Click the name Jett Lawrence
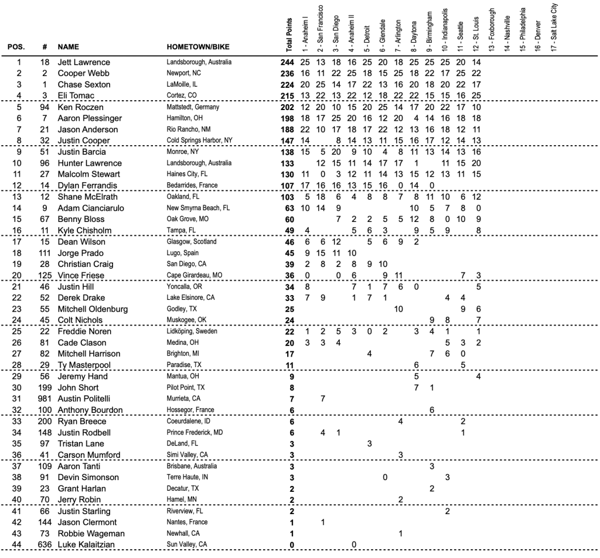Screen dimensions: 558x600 tap(83, 62)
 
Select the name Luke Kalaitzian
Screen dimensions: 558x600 tap(86, 545)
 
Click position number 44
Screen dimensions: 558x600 tap(18, 545)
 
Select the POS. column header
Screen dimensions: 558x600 tap(16, 46)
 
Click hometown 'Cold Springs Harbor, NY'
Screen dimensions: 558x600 tap(199, 141)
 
